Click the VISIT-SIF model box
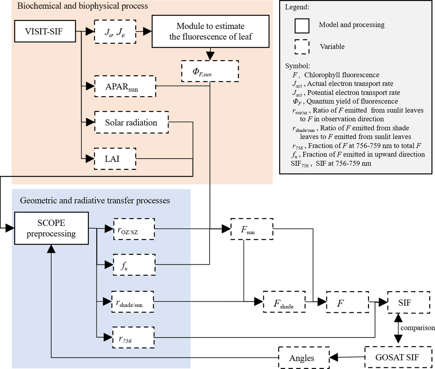pos(45,32)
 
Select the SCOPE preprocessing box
pos(51,228)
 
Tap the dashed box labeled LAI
pos(115,159)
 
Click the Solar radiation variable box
pos(131,122)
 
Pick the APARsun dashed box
pos(125,87)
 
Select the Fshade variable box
pos(284,302)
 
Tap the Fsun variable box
pos(252,229)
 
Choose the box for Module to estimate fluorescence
pos(210,32)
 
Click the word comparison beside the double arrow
pos(417,328)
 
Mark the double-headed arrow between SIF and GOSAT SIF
pos(398,328)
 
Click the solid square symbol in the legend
pos(302,26)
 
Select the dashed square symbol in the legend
pos(302,47)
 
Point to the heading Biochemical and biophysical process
pos(83,6)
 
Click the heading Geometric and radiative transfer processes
pos(95,200)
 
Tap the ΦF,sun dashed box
pos(210,71)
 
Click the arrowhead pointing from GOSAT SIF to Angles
pos(334,357)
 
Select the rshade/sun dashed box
pos(132,302)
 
